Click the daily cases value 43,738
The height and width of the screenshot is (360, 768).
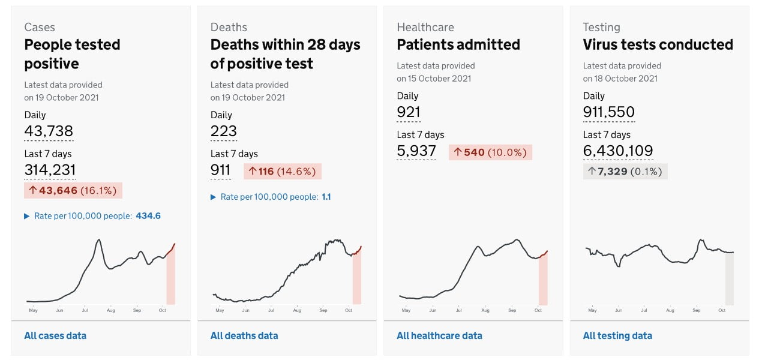pyautogui.click(x=49, y=131)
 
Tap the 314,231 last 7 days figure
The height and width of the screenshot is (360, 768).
pyautogui.click(x=50, y=170)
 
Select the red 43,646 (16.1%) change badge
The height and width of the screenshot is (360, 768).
pyautogui.click(x=73, y=191)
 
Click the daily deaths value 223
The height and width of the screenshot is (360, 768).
pyautogui.click(x=223, y=131)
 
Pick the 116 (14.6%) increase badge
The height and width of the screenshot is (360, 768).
pyautogui.click(x=283, y=171)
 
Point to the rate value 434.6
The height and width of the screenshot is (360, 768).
pyautogui.click(x=148, y=216)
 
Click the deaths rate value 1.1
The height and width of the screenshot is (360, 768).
pyautogui.click(x=326, y=197)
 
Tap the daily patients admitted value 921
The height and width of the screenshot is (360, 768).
pyautogui.click(x=409, y=112)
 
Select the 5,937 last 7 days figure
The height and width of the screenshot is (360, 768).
pyautogui.click(x=416, y=151)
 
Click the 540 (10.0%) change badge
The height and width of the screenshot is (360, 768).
pyautogui.click(x=490, y=152)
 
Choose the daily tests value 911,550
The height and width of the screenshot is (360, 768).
pyautogui.click(x=608, y=112)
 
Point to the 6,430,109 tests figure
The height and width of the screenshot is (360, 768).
pyautogui.click(x=618, y=151)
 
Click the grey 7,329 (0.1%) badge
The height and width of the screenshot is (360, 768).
pyautogui.click(x=625, y=172)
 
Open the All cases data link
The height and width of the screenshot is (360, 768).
pyautogui.click(x=55, y=335)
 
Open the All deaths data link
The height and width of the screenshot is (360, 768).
pyautogui.click(x=244, y=335)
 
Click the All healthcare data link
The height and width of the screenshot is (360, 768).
pyautogui.click(x=439, y=335)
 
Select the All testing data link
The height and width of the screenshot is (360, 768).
pyautogui.click(x=617, y=335)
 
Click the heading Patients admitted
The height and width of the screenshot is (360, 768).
pyautogui.click(x=458, y=44)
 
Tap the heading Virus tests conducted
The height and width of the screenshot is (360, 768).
pyautogui.click(x=658, y=44)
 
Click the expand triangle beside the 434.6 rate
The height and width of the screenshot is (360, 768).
pyautogui.click(x=27, y=216)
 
